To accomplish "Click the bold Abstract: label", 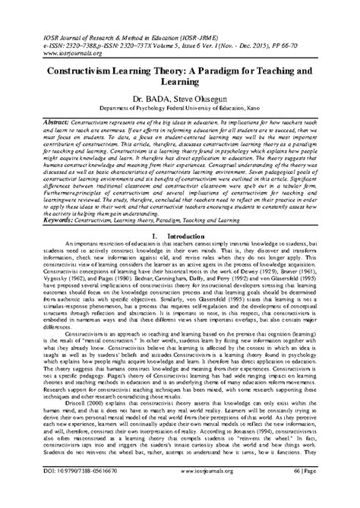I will click(x=45, y=122).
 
